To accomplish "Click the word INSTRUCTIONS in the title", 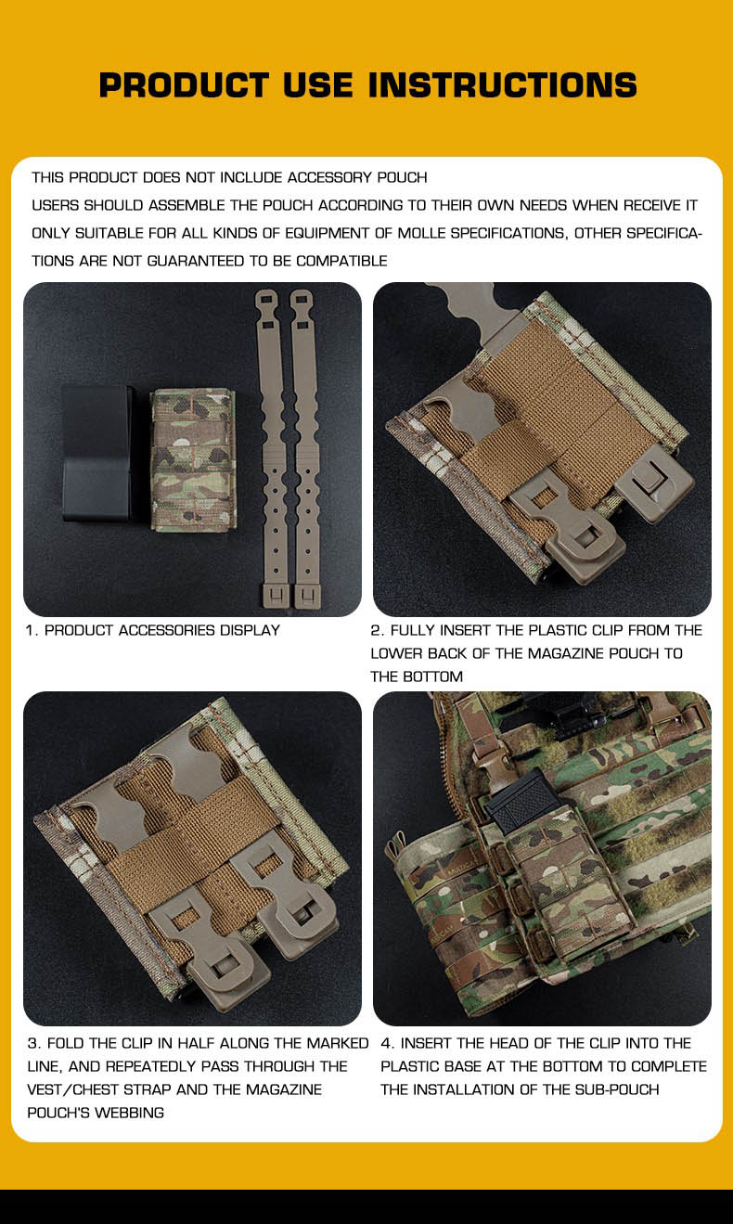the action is click(x=503, y=84).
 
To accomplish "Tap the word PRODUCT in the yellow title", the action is click(x=184, y=84).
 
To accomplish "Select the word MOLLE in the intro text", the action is click(x=420, y=233).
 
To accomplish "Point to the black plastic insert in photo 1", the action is click(x=97, y=453).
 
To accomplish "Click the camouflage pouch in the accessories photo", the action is click(x=193, y=459).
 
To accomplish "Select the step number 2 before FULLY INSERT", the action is click(x=377, y=631).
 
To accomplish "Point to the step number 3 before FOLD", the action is click(x=33, y=1043).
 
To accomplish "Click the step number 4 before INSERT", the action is click(x=387, y=1043).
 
